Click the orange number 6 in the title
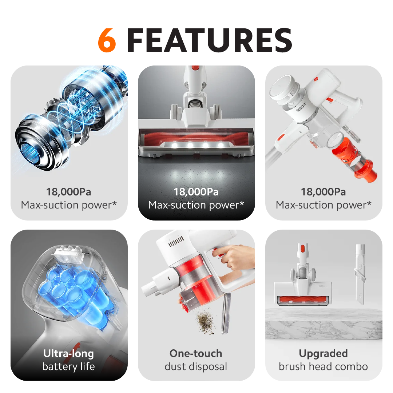point(107,40)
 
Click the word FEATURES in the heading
point(210,40)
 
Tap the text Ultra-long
point(68,353)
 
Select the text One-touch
point(196,353)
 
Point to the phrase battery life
point(68,366)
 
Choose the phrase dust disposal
point(196,366)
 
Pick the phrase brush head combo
point(323,366)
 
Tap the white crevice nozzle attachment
point(360,274)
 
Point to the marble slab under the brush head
point(323,324)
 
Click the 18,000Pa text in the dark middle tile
point(196,192)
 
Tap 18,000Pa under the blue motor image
point(68,192)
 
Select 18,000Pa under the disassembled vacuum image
point(323,192)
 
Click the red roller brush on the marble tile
point(303,299)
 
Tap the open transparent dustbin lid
point(226,313)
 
